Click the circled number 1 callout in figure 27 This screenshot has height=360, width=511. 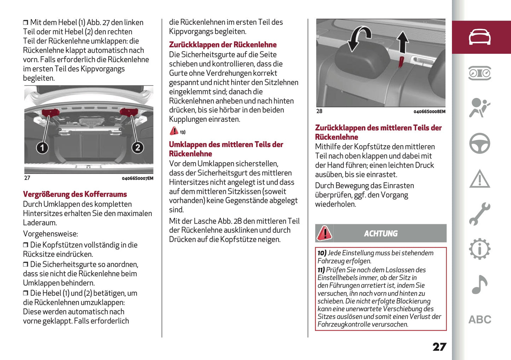coord(42,147)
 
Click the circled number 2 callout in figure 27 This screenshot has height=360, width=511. coord(138,147)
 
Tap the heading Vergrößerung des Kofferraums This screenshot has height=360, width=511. coord(75,194)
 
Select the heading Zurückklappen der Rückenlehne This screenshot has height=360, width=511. coord(222,45)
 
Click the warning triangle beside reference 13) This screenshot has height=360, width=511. coord(174,131)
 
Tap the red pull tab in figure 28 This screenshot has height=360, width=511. coord(401,62)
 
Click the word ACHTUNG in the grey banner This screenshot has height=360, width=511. coord(381,233)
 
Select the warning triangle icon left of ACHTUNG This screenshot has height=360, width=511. coord(324,233)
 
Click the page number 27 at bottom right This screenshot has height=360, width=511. coord(439,347)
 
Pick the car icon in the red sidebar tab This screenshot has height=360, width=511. coord(480,37)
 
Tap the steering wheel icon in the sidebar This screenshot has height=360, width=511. coord(480,143)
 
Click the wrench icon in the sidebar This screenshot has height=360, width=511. coord(480,214)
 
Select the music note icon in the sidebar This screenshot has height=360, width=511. coord(480,285)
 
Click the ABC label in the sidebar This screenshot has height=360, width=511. coord(480,320)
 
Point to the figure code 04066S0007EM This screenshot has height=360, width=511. coord(138,179)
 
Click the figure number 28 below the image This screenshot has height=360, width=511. coord(319,111)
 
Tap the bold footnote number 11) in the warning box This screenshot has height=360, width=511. coord(321,270)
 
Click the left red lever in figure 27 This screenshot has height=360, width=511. coord(51,113)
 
